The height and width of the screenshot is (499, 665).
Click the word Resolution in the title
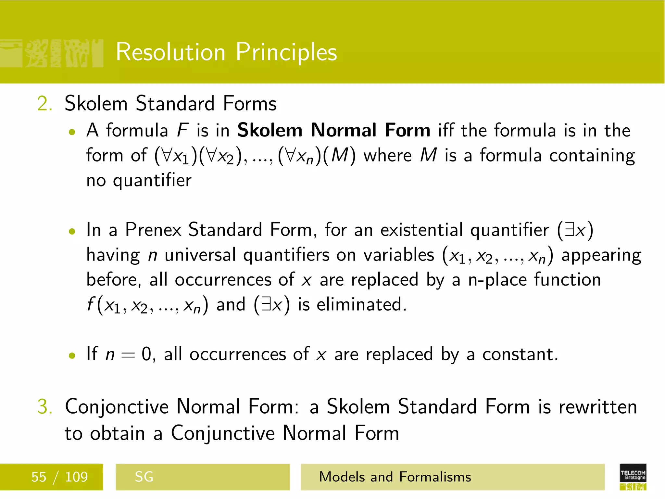pos(170,52)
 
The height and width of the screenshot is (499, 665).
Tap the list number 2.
pos(44,104)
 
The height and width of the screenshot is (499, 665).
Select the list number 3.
pos(44,407)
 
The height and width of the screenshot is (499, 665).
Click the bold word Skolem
pos(270,130)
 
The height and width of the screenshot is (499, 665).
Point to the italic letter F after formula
pos(182,130)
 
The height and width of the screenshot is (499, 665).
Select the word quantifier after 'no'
pos(152,181)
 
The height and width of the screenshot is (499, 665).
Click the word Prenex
pos(153,230)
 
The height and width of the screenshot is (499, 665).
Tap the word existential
pos(421,230)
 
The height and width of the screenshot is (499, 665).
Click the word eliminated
pos(361,305)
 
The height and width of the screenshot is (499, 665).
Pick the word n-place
pos(497,280)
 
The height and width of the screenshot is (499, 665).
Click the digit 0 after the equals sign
pos(146,354)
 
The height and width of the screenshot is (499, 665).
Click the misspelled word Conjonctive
pos(117,407)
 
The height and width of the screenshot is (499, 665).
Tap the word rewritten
pos(597,407)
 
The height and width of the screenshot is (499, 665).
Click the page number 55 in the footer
pos(39,477)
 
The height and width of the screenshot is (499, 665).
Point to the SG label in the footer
pos(144,477)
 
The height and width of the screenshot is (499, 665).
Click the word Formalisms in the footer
pos(435,477)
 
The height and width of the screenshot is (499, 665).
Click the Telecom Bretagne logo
pos(633,477)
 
